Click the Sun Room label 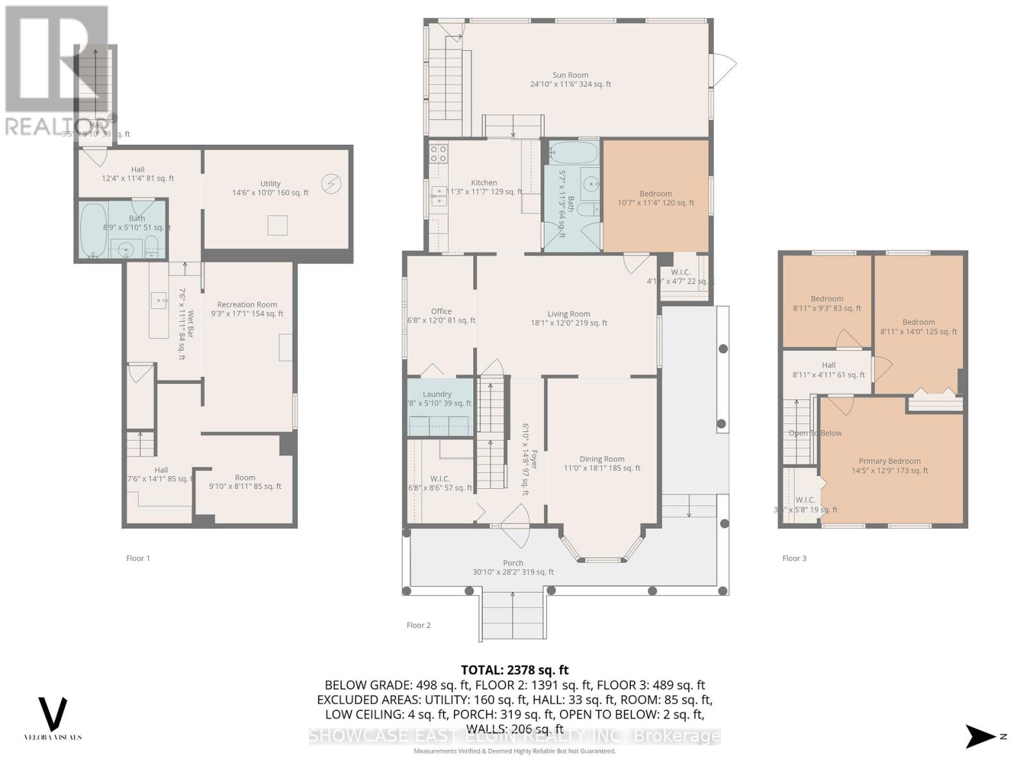point(570,75)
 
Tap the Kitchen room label point(483,183)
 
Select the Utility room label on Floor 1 point(270,183)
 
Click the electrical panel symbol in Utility point(331,185)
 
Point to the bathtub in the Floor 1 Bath point(93,231)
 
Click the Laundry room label point(437,394)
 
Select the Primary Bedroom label point(889,461)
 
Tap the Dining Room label point(601,459)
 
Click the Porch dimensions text point(513,572)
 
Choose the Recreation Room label point(247,305)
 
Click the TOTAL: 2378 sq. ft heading point(514,670)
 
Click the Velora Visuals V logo point(53,713)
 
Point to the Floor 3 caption point(794,558)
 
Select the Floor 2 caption point(418,625)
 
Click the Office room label point(441,311)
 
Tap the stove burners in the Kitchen point(438,153)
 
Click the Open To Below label point(815,433)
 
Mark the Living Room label point(568,314)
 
